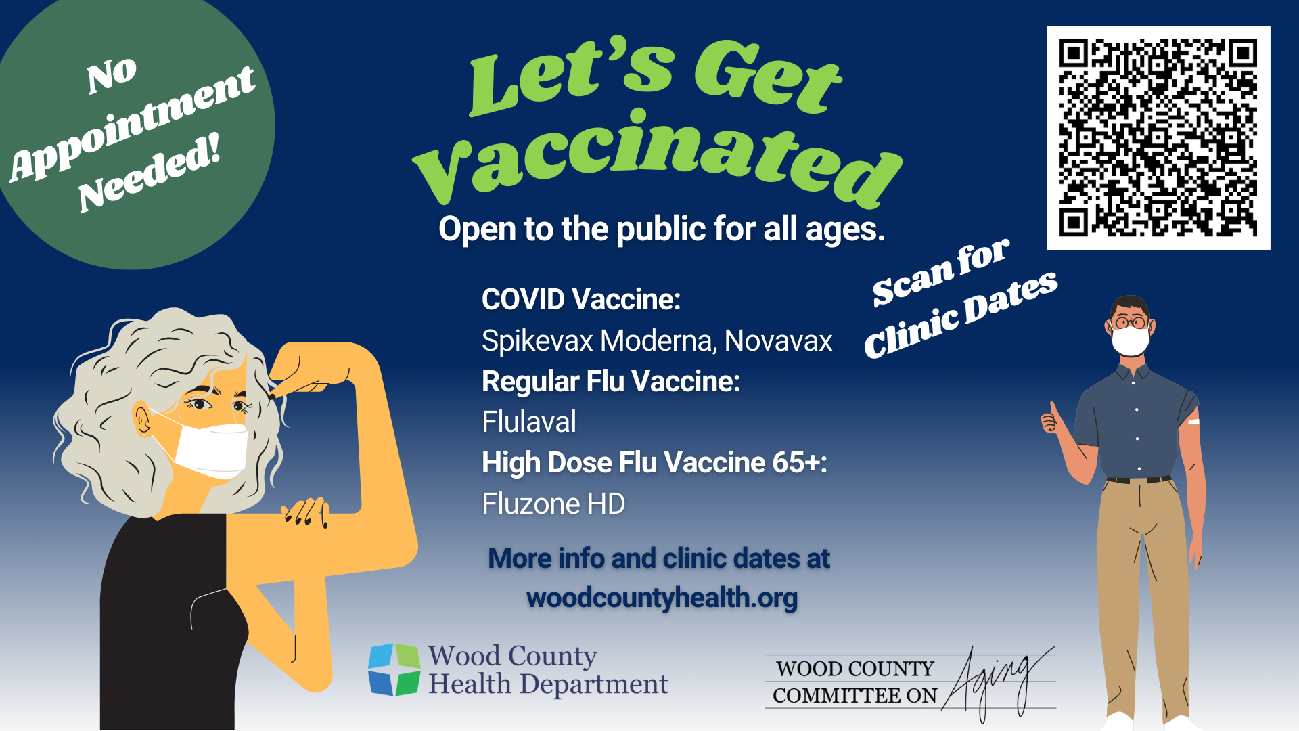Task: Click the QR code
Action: pos(1158,137)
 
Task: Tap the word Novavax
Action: pos(778,340)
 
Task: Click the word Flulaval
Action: pos(529,422)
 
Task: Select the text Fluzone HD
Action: pos(553,504)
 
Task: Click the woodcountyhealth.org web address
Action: pos(662,598)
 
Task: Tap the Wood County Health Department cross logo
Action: pos(394,669)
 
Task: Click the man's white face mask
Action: pos(1130,340)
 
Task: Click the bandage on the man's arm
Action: pos(1193,422)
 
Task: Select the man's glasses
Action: pos(1130,322)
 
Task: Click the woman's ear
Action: pos(142,420)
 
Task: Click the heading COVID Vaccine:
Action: pos(581,299)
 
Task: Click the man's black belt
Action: pos(1139,480)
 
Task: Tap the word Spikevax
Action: pos(538,340)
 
